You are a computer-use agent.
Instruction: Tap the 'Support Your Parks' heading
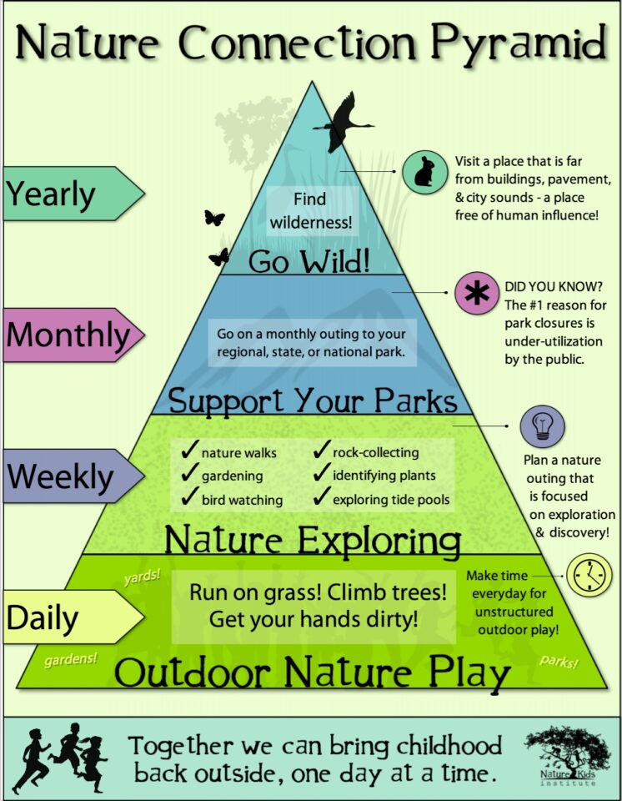tap(313, 400)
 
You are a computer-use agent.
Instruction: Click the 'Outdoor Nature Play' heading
tap(312, 672)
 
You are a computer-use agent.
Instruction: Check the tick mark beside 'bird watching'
tap(188, 498)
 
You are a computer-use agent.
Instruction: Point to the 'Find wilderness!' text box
tap(309, 211)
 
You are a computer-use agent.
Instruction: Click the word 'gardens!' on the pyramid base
tap(71, 658)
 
